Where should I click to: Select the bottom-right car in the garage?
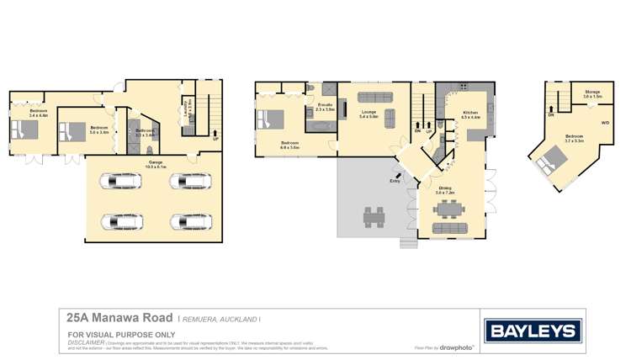[x=185, y=221]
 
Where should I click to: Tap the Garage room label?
[x=156, y=165]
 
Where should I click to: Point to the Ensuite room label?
[x=325, y=109]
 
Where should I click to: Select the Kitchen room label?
[x=470, y=115]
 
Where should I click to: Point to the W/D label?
[x=604, y=122]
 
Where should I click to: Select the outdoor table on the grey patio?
[x=374, y=217]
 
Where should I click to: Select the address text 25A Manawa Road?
[x=120, y=319]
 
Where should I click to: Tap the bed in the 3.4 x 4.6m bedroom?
[x=24, y=130]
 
